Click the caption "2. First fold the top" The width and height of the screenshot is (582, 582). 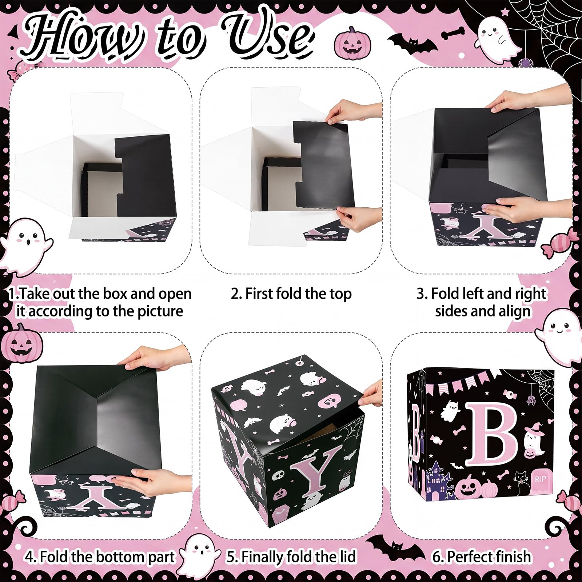tap(291, 294)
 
